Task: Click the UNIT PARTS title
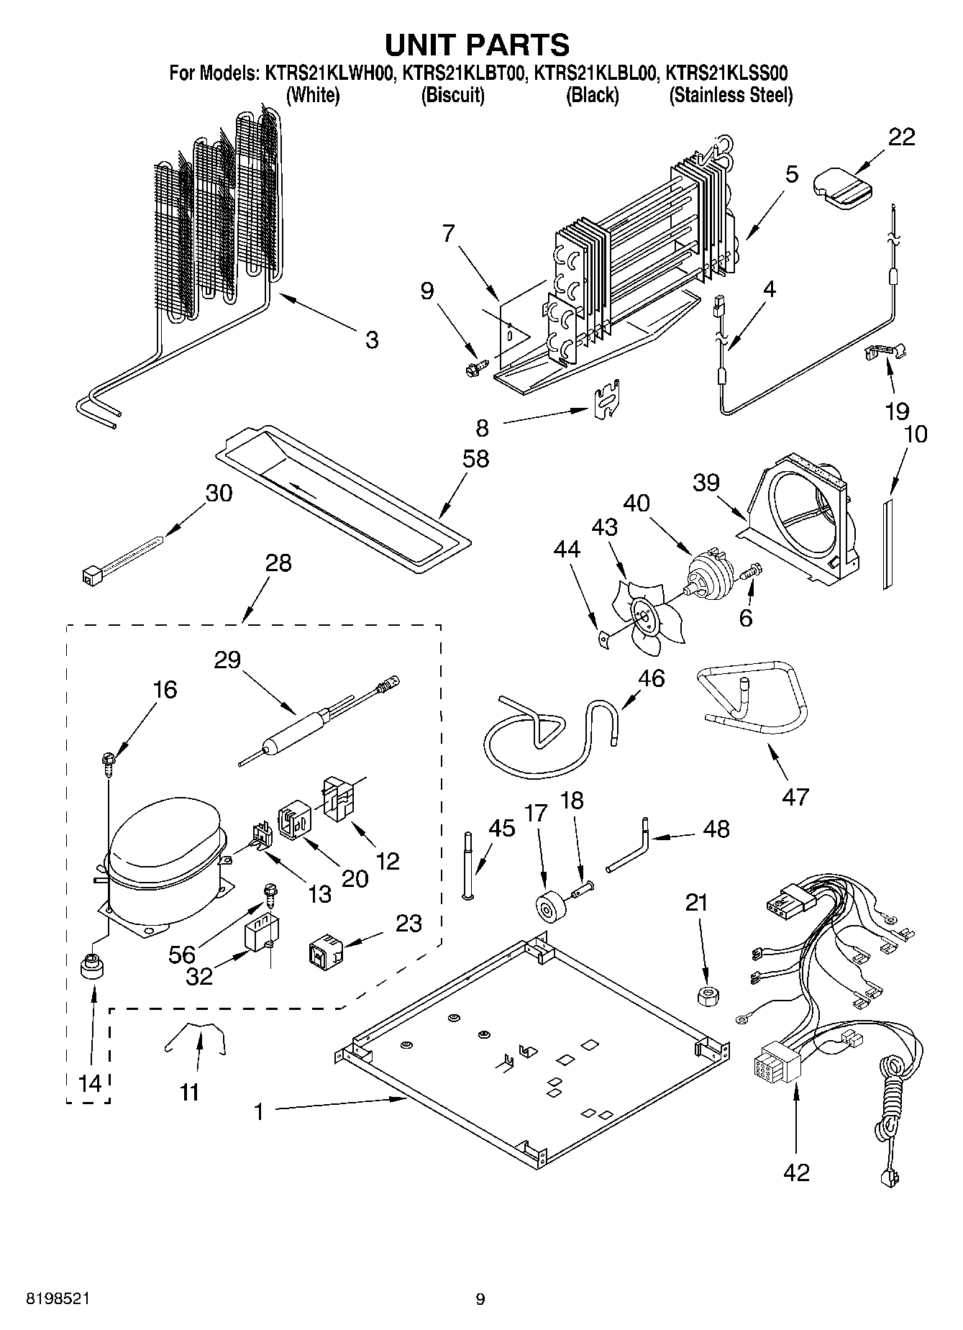pyautogui.click(x=478, y=45)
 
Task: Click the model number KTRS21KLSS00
pyautogui.click(x=726, y=73)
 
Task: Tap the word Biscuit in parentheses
pyautogui.click(x=452, y=95)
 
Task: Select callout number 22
pyautogui.click(x=901, y=137)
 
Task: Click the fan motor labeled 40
pyautogui.click(x=709, y=575)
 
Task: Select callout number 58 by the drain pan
pyautogui.click(x=476, y=459)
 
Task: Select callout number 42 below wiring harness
pyautogui.click(x=796, y=1173)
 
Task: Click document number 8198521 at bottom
pyautogui.click(x=58, y=1298)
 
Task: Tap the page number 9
pyautogui.click(x=480, y=1299)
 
